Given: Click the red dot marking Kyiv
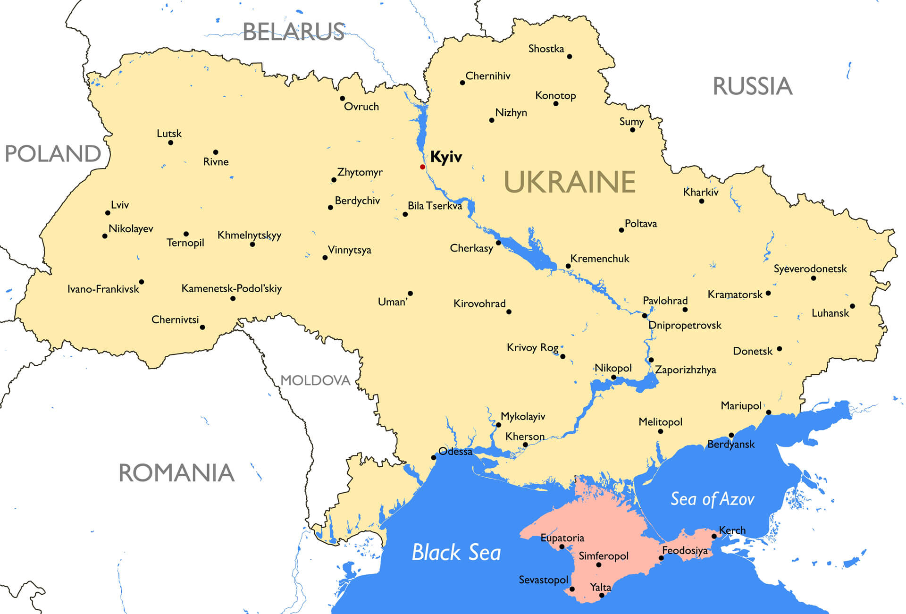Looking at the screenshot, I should pos(422,167).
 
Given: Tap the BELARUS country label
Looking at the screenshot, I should pos(293,32).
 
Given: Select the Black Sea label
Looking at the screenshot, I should pos(456,552).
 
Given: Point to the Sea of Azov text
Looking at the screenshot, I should pos(712,499).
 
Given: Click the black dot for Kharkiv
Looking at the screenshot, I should pos(701,202).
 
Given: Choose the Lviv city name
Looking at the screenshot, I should pos(119,205).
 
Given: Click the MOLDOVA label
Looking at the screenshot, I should pos(315,380).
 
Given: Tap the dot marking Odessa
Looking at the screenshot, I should pos(433,458).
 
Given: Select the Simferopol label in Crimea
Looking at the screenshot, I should pos(604,556).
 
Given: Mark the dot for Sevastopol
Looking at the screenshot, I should pos(572,589).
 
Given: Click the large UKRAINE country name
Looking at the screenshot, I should pos(570,182).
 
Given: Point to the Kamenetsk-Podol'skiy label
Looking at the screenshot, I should pos(231,288).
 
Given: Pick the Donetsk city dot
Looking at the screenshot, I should pos(779,349).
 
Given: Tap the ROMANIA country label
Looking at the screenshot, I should pos(176,473).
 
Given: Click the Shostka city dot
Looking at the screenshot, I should pos(570,57).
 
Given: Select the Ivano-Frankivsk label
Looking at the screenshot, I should pos(103,289).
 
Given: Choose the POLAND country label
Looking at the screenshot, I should pos(52,154).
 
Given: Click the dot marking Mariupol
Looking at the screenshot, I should pos(768,412).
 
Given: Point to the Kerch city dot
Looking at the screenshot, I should pos(714,537).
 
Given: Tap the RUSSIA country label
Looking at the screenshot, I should pos(752,86).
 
